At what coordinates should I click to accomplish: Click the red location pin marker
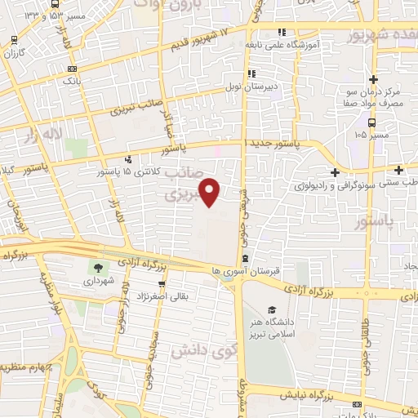click(x=210, y=192)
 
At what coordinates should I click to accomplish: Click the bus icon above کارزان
click(x=14, y=41)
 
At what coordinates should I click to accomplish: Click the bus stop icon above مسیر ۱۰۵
click(x=373, y=122)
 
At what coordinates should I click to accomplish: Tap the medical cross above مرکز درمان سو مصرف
click(x=373, y=80)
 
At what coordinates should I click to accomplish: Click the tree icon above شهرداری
click(x=99, y=267)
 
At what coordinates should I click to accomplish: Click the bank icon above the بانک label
click(x=73, y=69)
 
